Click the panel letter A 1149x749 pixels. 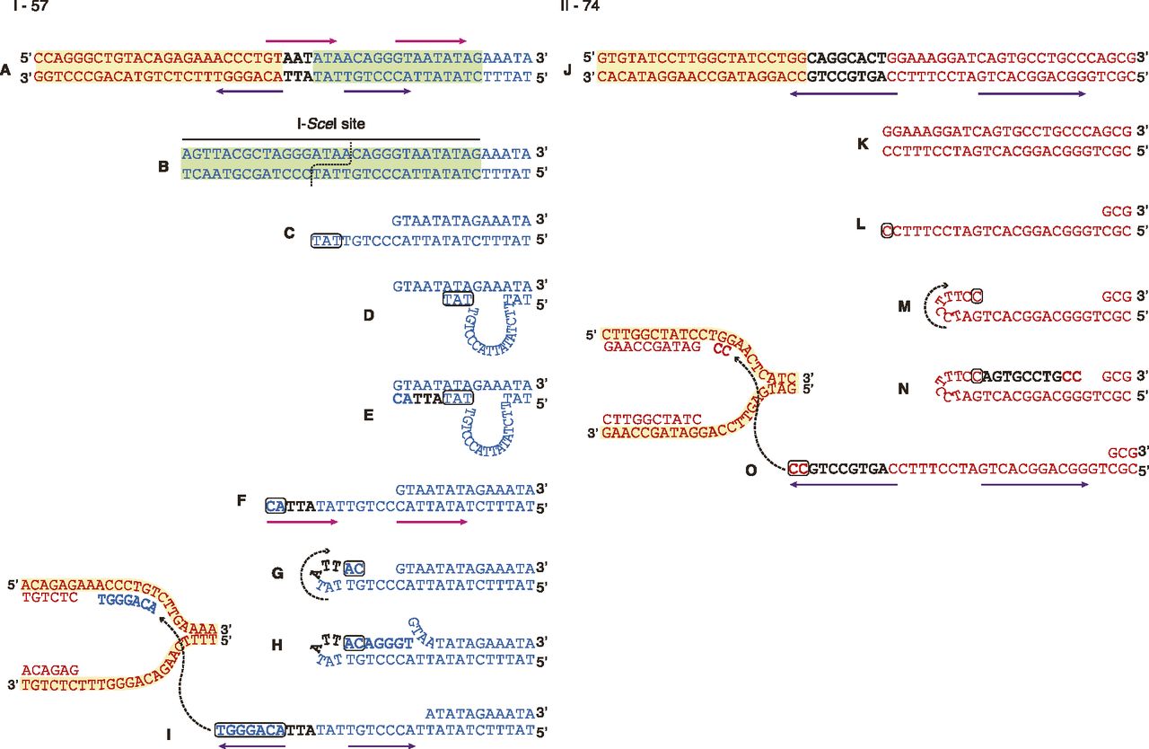coord(7,67)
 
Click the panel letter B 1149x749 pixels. coord(163,165)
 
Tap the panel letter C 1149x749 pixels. coord(289,233)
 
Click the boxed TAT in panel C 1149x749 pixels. coord(325,241)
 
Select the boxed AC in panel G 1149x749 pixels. coord(354,568)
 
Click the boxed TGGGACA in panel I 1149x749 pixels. coord(250,730)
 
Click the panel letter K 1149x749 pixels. coord(863,143)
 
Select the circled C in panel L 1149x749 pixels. coord(887,230)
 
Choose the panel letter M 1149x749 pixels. coord(903,305)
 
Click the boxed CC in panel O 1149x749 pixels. coord(798,468)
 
